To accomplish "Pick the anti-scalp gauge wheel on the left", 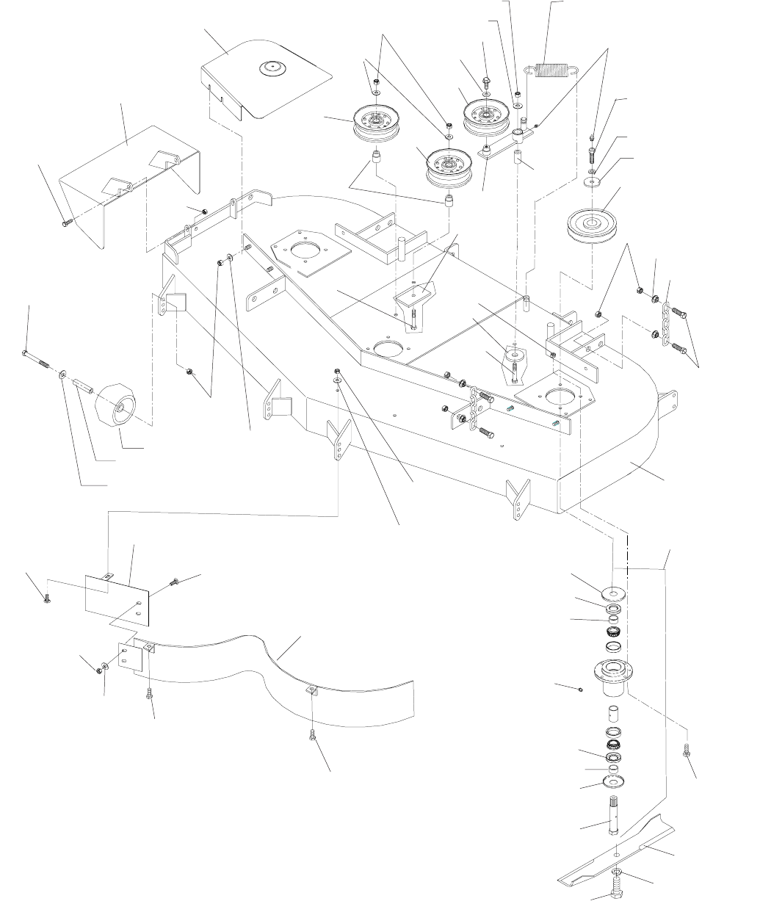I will pos(117,405).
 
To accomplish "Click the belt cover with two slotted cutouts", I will pos(132,176).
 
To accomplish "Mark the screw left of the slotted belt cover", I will pos(65,219).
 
